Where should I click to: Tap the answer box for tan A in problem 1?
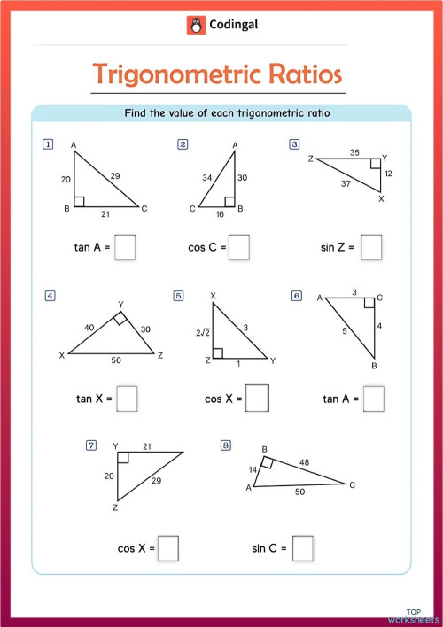coord(125,247)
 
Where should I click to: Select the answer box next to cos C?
coord(238,247)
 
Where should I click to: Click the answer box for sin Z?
coord(371,247)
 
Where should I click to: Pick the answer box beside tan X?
coord(127,399)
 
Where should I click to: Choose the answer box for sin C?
coord(303,548)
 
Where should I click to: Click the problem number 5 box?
coord(179,296)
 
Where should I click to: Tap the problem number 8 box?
coord(226,445)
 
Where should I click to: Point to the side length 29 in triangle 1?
coord(115,176)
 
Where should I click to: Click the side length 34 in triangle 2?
coord(206,177)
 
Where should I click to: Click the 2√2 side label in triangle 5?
coord(203,332)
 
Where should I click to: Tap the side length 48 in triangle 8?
coord(305,461)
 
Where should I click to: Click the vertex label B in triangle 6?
coord(374,366)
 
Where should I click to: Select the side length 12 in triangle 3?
coord(387,173)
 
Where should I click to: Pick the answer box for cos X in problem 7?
coord(168,548)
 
